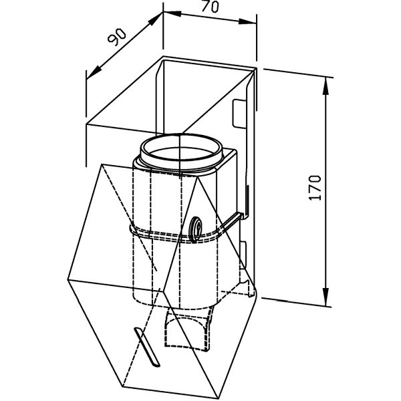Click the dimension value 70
(x=210, y=7)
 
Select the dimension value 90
(x=116, y=37)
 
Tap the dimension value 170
(x=315, y=187)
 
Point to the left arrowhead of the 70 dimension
(x=172, y=13)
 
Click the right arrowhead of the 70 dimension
(x=247, y=21)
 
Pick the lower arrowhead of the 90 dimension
(x=94, y=72)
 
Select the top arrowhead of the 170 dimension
(x=325, y=86)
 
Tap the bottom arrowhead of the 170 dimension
(x=325, y=297)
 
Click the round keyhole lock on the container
(x=196, y=229)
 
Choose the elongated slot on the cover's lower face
(x=147, y=347)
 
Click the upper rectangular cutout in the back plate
(x=239, y=114)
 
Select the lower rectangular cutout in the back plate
(x=243, y=255)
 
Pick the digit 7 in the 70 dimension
(x=206, y=6)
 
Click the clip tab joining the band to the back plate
(x=231, y=221)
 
